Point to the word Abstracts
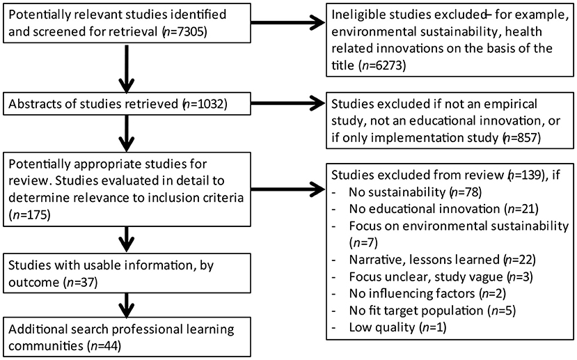[x=33, y=105]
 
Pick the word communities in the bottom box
[x=42, y=344]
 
